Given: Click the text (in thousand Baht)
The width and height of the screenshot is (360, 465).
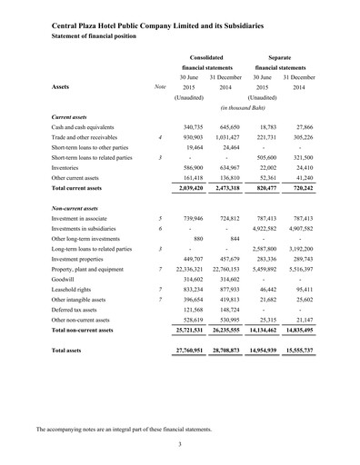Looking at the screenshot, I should pyautogui.click(x=243, y=108).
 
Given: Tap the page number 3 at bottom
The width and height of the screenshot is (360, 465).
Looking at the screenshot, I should pyautogui.click(x=180, y=443).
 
